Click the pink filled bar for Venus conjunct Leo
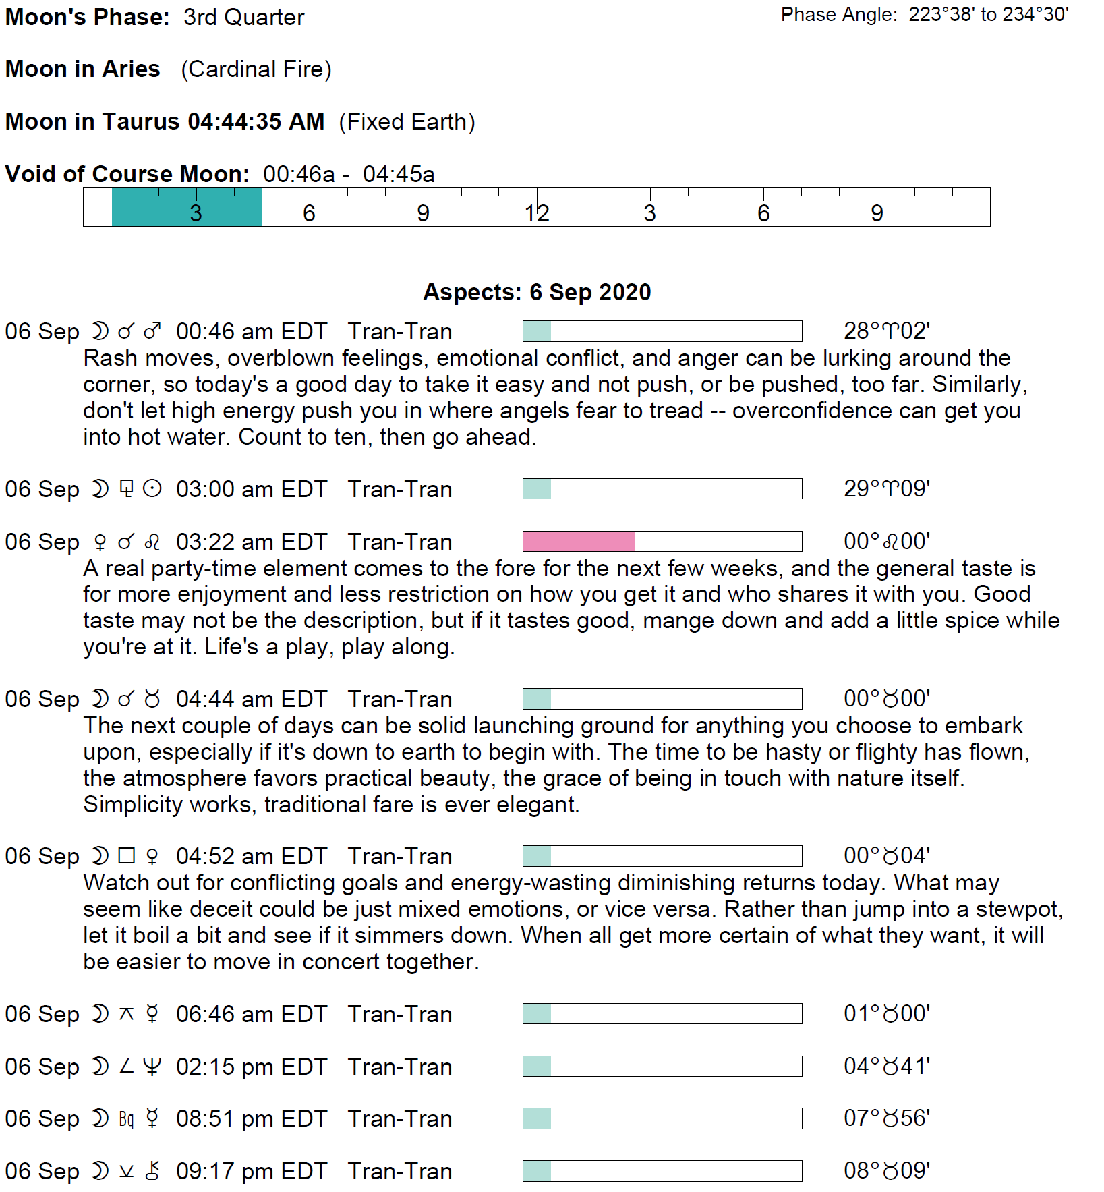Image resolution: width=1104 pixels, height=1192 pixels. click(579, 541)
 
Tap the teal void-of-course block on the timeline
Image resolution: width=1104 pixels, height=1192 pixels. click(187, 207)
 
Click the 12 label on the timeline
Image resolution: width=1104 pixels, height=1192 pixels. click(537, 213)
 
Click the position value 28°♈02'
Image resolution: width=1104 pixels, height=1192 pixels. click(887, 331)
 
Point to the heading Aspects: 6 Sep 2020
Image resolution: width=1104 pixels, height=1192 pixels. click(537, 292)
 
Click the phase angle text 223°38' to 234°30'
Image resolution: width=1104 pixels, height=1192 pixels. click(988, 15)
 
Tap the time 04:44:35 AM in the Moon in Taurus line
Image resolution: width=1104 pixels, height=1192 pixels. click(256, 121)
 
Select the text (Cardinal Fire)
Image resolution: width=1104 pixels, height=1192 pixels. click(256, 69)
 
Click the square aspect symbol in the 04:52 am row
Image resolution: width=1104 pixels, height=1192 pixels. click(126, 856)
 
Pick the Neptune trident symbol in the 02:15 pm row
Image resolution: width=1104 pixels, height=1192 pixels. click(152, 1067)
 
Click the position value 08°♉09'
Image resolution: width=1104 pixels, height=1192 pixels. click(887, 1170)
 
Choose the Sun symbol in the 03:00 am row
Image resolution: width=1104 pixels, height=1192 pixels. click(152, 489)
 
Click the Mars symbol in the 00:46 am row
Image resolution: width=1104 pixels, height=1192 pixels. click(152, 331)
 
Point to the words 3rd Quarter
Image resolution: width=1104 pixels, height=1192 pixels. click(243, 17)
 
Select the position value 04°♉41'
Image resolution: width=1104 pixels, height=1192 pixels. click(887, 1066)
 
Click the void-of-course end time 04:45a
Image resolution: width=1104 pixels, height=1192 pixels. click(399, 174)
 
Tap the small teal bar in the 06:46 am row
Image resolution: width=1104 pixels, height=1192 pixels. click(537, 1013)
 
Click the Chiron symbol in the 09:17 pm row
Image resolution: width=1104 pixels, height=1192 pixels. click(152, 1171)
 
